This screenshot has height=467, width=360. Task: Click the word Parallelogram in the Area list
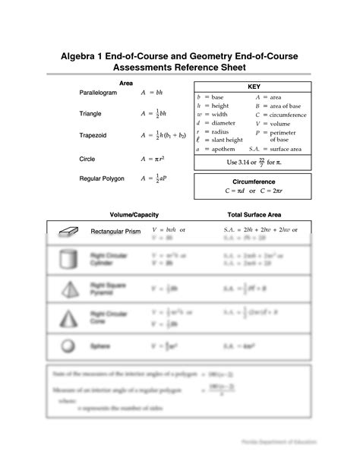click(98, 92)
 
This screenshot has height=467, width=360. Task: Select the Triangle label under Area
click(90, 114)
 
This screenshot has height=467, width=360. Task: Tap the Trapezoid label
click(93, 135)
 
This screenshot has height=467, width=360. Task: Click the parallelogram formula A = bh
click(152, 92)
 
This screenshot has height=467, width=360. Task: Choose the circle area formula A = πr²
click(153, 159)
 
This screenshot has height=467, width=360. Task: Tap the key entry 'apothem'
click(223, 150)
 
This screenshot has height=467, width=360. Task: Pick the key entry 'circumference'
click(285, 115)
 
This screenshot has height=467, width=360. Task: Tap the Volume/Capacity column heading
click(133, 215)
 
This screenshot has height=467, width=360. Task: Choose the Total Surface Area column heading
click(254, 215)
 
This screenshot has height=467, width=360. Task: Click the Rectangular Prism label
click(115, 231)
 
